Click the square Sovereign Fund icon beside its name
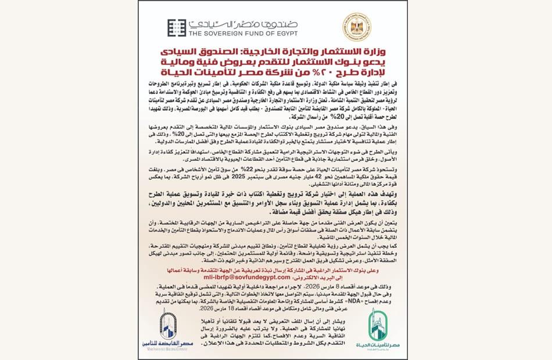pos(177,28)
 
